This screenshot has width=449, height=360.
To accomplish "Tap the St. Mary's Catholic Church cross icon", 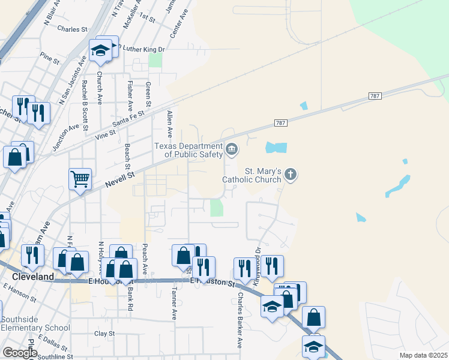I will point(291,175).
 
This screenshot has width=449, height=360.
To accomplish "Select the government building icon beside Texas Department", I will point(232,148).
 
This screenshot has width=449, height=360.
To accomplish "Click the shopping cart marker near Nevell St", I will point(80,178).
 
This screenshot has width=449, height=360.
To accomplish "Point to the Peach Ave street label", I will point(145,258).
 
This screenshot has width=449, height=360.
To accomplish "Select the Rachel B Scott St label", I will point(85,105).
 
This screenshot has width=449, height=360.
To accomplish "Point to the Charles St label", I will point(73,29).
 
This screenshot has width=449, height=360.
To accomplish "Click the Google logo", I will point(20,352).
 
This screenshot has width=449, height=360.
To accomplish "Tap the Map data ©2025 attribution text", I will point(423,355).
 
